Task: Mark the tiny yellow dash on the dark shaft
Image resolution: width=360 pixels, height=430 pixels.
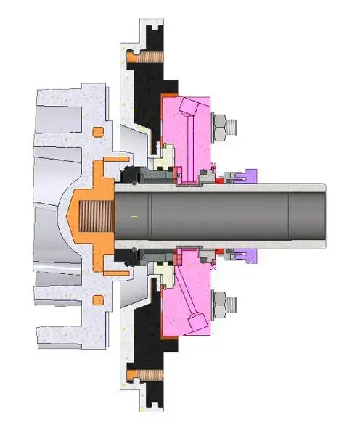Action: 134,215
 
